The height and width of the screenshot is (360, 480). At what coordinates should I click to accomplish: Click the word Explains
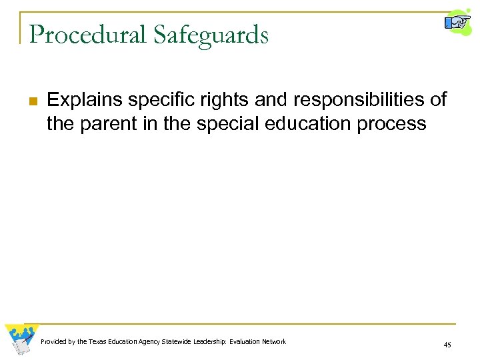[x=85, y=101]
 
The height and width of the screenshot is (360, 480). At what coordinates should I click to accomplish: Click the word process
[x=393, y=123]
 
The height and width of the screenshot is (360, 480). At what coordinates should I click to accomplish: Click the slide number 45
[x=446, y=345]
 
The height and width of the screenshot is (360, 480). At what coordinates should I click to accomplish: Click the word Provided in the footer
[x=53, y=342]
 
